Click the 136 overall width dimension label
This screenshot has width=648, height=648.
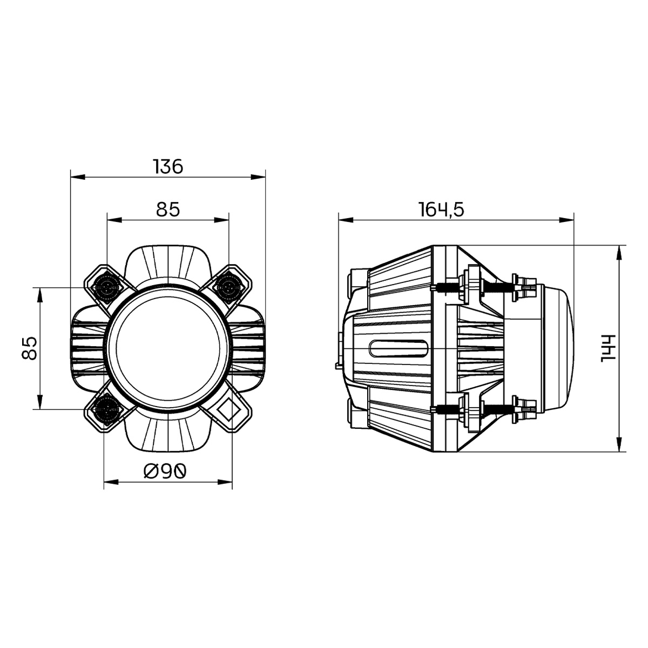click(168, 166)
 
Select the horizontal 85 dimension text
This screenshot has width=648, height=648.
click(167, 209)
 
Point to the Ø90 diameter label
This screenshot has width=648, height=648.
click(165, 471)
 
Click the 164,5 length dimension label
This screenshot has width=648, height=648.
click(442, 209)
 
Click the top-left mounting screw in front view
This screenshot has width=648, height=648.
click(104, 287)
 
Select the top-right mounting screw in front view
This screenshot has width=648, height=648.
click(229, 287)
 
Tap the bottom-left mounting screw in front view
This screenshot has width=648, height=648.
click(104, 410)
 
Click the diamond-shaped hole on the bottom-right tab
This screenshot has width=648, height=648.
click(230, 410)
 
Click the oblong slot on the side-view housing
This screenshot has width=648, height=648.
click(399, 348)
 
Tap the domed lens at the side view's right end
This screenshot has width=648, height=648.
click(562, 348)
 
